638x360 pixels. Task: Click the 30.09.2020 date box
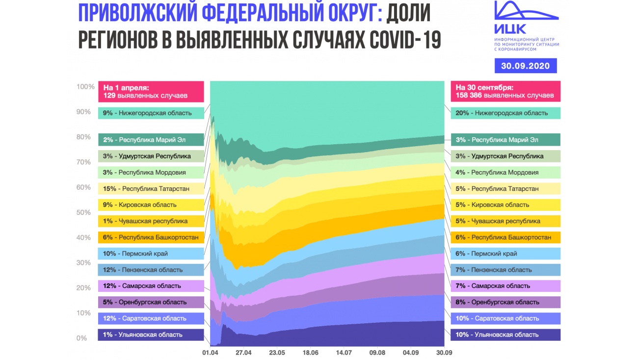[x=525, y=65]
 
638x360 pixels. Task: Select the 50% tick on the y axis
[x=83, y=212]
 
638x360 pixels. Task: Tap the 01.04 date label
[x=210, y=352]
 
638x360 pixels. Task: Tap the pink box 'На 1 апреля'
[x=151, y=91]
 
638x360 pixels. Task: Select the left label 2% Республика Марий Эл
[x=151, y=140]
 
